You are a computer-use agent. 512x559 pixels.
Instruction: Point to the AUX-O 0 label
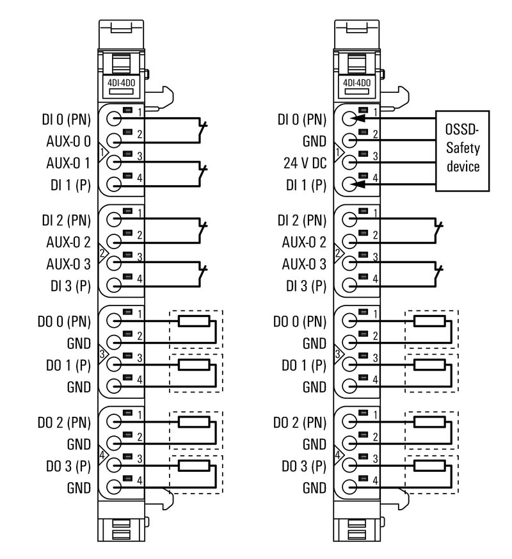click(68, 141)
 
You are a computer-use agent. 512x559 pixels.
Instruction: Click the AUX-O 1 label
click(68, 163)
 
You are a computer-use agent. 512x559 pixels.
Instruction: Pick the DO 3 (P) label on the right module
click(303, 466)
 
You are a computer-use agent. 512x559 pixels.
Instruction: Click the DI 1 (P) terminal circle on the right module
click(349, 184)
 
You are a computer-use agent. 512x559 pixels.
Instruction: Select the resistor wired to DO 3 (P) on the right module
click(429, 466)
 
